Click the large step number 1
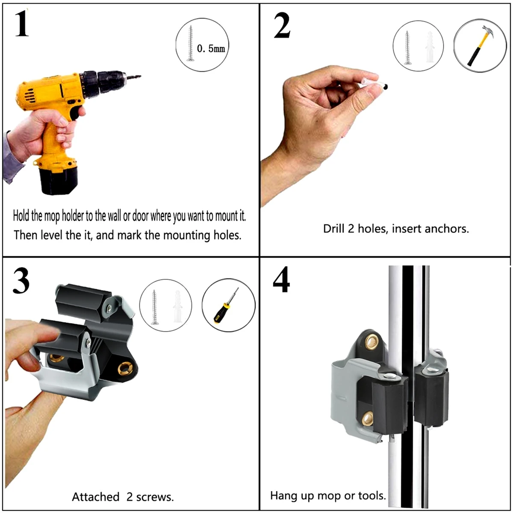click(22, 24)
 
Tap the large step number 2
click(282, 26)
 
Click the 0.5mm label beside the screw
click(211, 49)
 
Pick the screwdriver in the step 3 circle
click(226, 305)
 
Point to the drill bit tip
click(140, 77)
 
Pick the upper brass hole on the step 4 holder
click(372, 340)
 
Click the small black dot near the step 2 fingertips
click(386, 86)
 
